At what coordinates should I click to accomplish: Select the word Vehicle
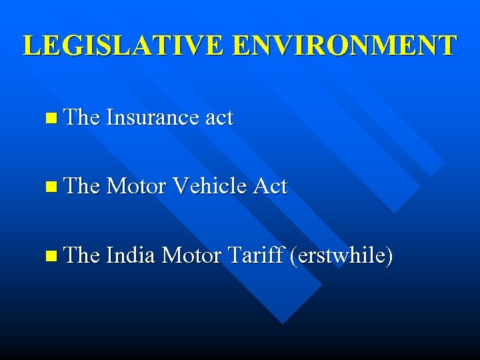pyautogui.click(x=211, y=186)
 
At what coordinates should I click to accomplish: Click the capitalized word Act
pyautogui.click(x=269, y=186)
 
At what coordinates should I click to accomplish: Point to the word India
pyautogui.click(x=131, y=254)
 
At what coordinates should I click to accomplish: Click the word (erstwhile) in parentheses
pyautogui.click(x=340, y=255)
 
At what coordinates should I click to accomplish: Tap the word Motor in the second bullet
pyautogui.click(x=137, y=186)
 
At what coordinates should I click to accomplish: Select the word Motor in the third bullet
pyautogui.click(x=193, y=254)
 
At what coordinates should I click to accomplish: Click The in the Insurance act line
pyautogui.click(x=83, y=118)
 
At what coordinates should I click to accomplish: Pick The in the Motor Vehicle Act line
pyautogui.click(x=83, y=186)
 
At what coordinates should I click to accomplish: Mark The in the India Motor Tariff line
pyautogui.click(x=83, y=254)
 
